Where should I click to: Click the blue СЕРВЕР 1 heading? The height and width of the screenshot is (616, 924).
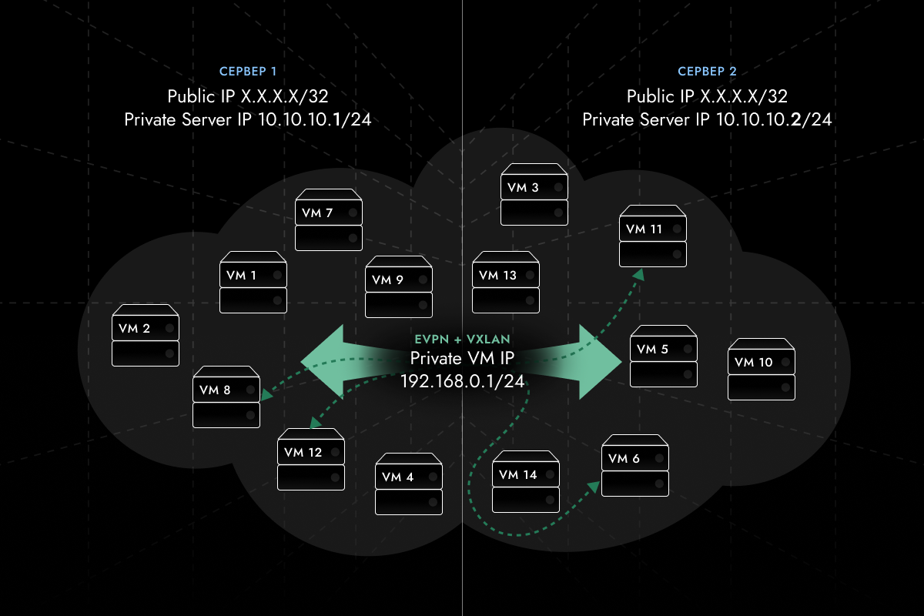pyautogui.click(x=248, y=72)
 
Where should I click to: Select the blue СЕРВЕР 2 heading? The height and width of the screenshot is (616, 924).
pyautogui.click(x=707, y=72)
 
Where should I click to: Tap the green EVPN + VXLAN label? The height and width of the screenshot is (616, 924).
pyautogui.click(x=462, y=340)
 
